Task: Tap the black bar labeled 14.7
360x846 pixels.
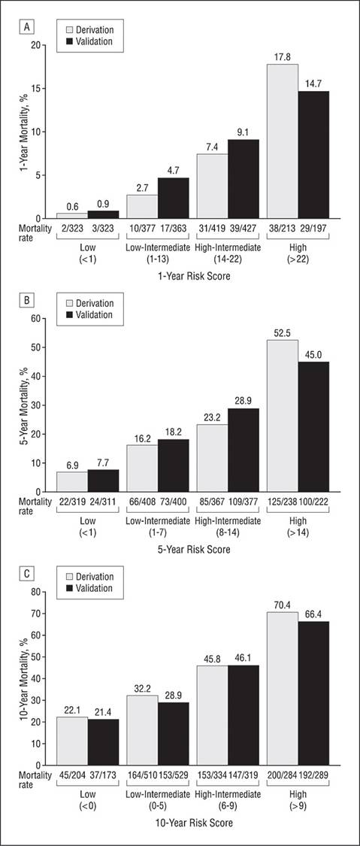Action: pos(313,155)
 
